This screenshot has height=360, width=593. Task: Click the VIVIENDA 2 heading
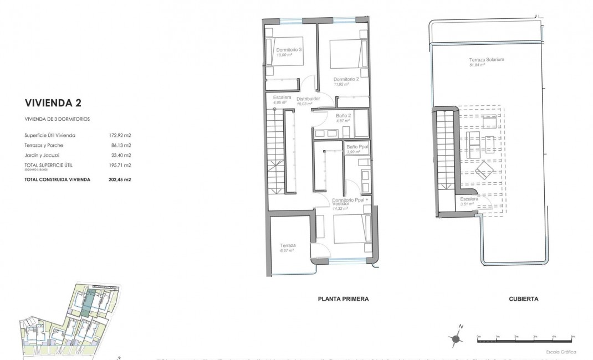point(53,102)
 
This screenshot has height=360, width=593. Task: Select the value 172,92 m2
point(120,135)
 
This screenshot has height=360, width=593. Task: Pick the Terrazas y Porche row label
point(44,145)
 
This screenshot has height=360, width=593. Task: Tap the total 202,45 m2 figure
point(120,179)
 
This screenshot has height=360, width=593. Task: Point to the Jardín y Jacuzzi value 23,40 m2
point(120,155)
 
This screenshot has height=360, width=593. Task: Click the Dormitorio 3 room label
point(288,50)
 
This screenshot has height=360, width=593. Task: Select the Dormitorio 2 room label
point(346,79)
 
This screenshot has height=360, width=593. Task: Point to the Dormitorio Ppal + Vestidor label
point(350,202)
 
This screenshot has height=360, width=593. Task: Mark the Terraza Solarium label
point(486,60)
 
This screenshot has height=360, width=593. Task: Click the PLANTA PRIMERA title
point(343,299)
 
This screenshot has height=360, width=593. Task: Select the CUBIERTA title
point(523,299)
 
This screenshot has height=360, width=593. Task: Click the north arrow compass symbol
point(456,338)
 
